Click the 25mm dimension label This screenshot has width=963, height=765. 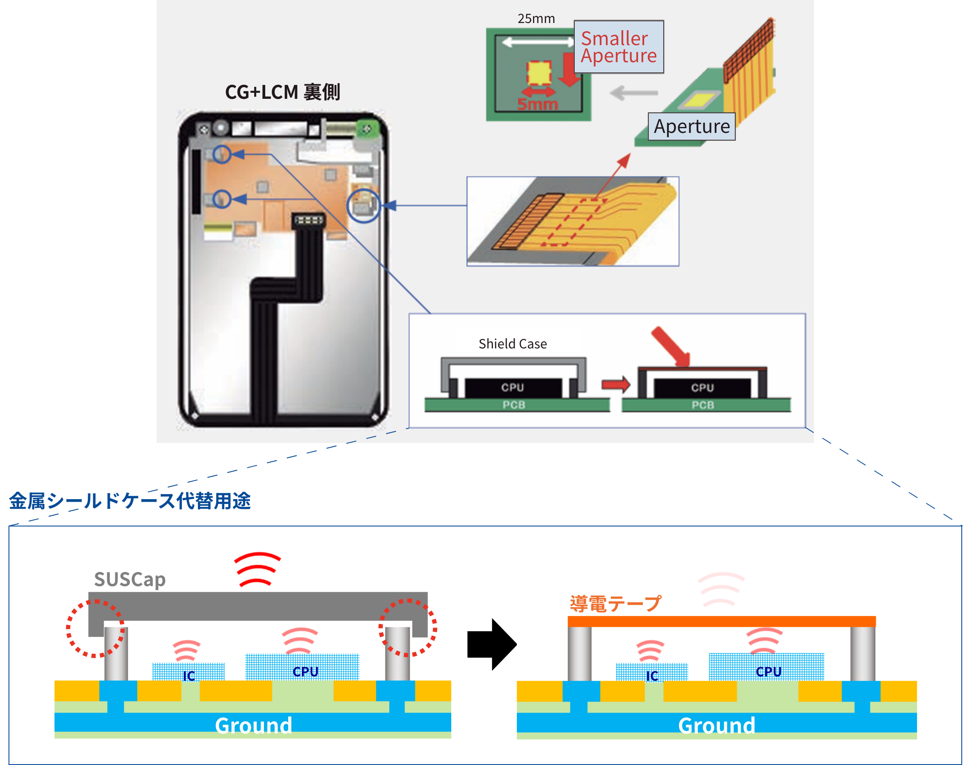(536, 19)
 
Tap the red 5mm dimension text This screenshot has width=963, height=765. (537, 104)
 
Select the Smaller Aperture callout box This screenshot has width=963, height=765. (619, 47)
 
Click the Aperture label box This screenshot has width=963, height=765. (691, 127)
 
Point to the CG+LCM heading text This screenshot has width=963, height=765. (282, 92)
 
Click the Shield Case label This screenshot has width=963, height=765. (512, 344)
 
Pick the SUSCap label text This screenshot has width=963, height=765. (129, 579)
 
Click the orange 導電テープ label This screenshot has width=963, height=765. (615, 603)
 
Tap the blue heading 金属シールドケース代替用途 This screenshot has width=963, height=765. (130, 500)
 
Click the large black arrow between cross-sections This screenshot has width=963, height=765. (492, 644)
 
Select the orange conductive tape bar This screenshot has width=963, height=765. (721, 621)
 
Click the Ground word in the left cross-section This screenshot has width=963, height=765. (253, 725)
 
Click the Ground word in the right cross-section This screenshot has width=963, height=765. (717, 725)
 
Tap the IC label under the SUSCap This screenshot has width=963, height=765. (189, 676)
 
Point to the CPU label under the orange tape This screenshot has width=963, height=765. (768, 672)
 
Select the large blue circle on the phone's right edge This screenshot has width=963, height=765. (364, 206)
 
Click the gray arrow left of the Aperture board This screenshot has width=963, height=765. (633, 93)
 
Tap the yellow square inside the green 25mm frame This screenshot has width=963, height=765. (539, 73)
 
